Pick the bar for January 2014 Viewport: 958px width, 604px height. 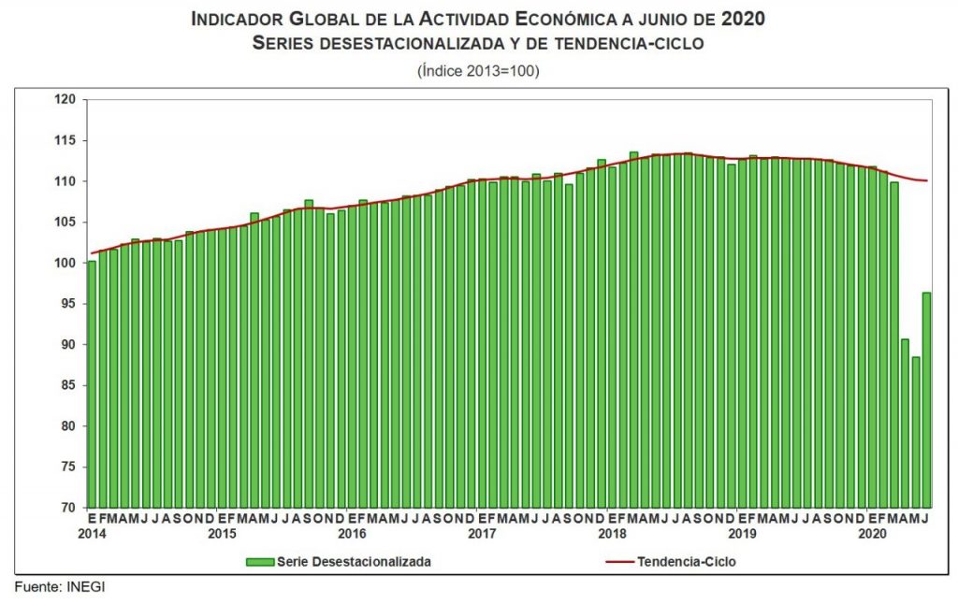[92, 384]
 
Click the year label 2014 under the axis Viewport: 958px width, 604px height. [92, 534]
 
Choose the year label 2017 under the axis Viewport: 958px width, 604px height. [482, 534]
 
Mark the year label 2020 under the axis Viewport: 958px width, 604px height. [872, 534]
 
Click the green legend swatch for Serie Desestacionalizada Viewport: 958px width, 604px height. [260, 562]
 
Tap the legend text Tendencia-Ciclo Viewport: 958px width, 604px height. [692, 562]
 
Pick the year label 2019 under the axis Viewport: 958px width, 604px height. [742, 534]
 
